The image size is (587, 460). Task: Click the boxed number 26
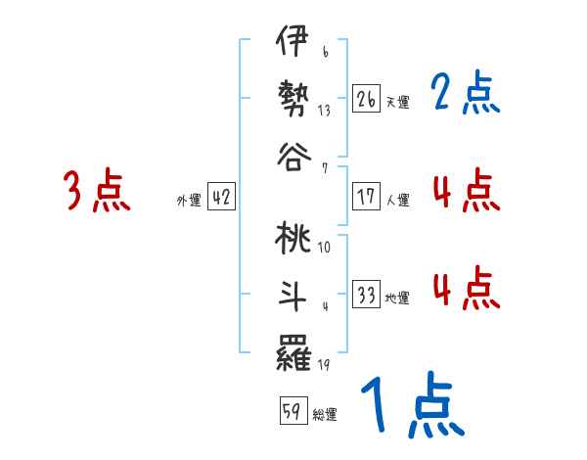coord(367,98)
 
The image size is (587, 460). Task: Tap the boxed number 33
coord(367,296)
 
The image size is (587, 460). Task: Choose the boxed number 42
coord(221,198)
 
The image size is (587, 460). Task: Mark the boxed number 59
coord(292,411)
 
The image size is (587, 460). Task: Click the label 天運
coord(397,101)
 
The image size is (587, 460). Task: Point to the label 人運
coord(397,200)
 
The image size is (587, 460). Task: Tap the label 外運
coord(189,200)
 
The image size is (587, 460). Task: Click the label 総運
coord(325,414)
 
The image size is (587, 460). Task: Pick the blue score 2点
coord(466,94)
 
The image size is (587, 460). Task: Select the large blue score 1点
coord(412,407)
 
